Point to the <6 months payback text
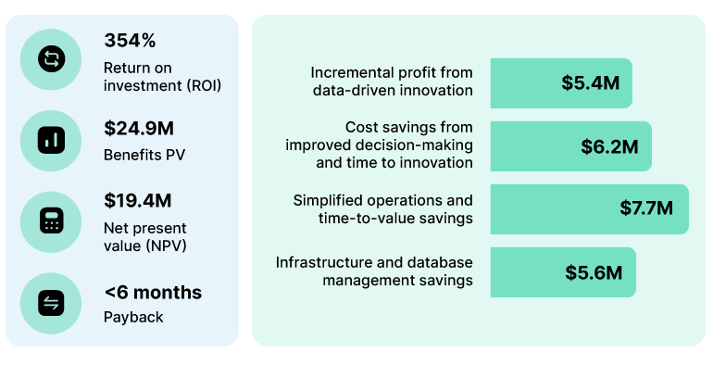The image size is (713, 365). [x=153, y=293]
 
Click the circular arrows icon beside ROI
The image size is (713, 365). [x=51, y=59]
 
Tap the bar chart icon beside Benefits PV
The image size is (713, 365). [x=51, y=140]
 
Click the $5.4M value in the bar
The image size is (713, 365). [x=591, y=82]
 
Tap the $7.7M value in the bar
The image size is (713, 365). [x=646, y=208]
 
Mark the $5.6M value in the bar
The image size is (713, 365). [x=594, y=272]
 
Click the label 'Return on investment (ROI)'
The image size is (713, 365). [x=162, y=77]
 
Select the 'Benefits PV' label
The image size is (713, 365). [x=144, y=155]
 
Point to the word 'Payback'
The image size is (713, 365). [x=133, y=317]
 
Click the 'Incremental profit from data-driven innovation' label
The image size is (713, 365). [x=391, y=82]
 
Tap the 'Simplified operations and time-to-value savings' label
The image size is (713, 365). [x=382, y=208]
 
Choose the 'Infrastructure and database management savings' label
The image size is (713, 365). [x=374, y=271]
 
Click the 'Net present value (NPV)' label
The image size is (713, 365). [x=145, y=236]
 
